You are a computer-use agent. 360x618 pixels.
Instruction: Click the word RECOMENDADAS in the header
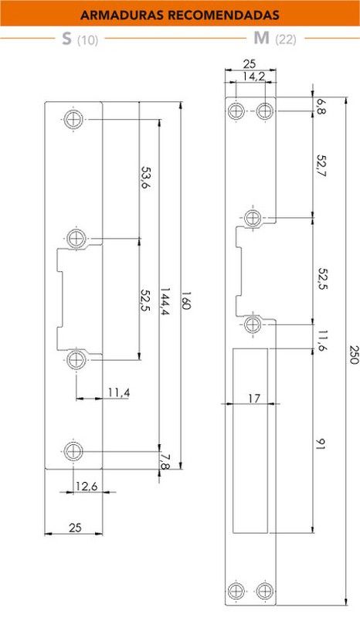coord(224,15)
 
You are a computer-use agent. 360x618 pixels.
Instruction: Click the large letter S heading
coord(67,39)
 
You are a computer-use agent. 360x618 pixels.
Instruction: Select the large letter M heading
coord(261,38)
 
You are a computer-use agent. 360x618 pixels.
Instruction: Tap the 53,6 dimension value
coord(146,178)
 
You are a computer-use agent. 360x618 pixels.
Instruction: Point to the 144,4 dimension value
coord(165,301)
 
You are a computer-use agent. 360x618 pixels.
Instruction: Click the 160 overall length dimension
coord(185,301)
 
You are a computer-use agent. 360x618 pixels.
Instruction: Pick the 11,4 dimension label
coord(119,392)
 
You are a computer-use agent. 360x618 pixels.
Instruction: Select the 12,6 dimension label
coord(86,487)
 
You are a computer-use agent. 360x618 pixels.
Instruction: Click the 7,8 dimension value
coord(165,462)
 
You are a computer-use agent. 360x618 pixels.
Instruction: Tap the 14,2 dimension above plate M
coord(253,76)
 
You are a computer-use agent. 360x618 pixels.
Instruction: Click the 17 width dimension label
coord(254,399)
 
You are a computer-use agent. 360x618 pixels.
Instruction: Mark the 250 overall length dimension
coord(354,355)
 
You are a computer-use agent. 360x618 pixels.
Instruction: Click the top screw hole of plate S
coord(73,119)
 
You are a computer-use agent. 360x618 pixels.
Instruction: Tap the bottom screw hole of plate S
coord(73,451)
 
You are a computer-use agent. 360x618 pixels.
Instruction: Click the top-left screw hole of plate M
coord(236,110)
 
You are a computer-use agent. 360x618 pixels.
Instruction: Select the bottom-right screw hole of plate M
coord(264,591)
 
